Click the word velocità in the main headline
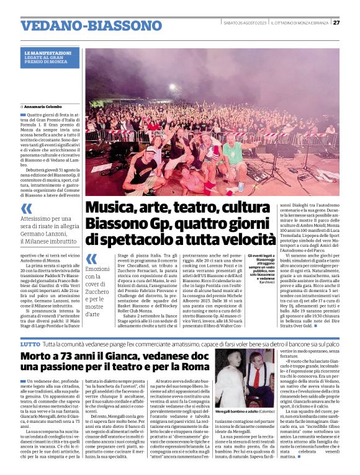[248, 238]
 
